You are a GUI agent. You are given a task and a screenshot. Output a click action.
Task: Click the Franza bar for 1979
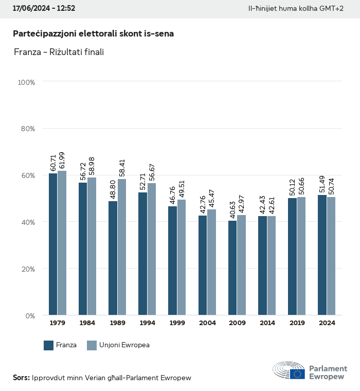click(53, 244)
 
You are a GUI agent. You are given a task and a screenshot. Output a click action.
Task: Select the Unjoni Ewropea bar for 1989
click(122, 247)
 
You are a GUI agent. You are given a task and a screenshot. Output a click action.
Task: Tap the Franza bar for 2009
click(232, 268)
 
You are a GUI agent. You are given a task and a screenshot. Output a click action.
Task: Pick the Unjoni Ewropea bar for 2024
click(331, 256)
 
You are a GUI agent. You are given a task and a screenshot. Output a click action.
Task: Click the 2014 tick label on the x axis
click(267, 323)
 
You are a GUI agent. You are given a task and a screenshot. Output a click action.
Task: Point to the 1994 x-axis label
click(147, 323)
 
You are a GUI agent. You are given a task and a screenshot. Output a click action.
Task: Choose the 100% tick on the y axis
click(26, 82)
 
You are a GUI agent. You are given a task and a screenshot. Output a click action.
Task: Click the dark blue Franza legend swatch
click(49, 345)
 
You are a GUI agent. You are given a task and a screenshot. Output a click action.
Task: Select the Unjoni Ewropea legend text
click(125, 345)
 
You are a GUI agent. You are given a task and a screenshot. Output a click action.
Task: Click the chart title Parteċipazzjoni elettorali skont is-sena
click(93, 33)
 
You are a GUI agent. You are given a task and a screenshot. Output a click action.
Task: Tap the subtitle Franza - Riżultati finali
click(59, 52)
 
